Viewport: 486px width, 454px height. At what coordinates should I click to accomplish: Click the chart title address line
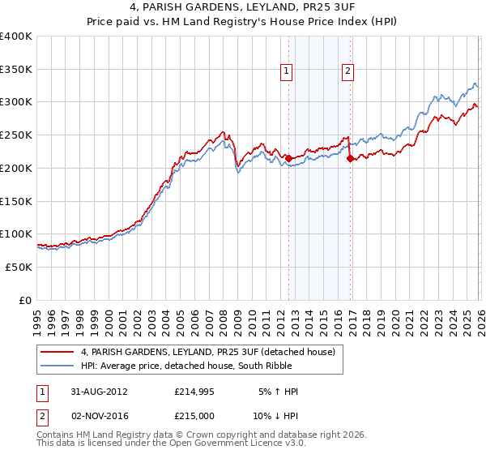243,9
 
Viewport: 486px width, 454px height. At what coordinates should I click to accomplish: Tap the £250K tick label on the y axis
16,135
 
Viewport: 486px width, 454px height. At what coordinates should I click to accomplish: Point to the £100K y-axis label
16,234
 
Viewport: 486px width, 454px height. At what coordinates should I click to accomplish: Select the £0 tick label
25,300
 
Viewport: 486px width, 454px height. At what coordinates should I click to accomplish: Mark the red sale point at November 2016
349,159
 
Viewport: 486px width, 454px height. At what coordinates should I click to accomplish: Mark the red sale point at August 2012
288,159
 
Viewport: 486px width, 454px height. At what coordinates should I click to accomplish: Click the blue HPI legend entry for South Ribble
194,366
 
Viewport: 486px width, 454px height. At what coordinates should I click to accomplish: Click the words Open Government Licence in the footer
231,445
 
